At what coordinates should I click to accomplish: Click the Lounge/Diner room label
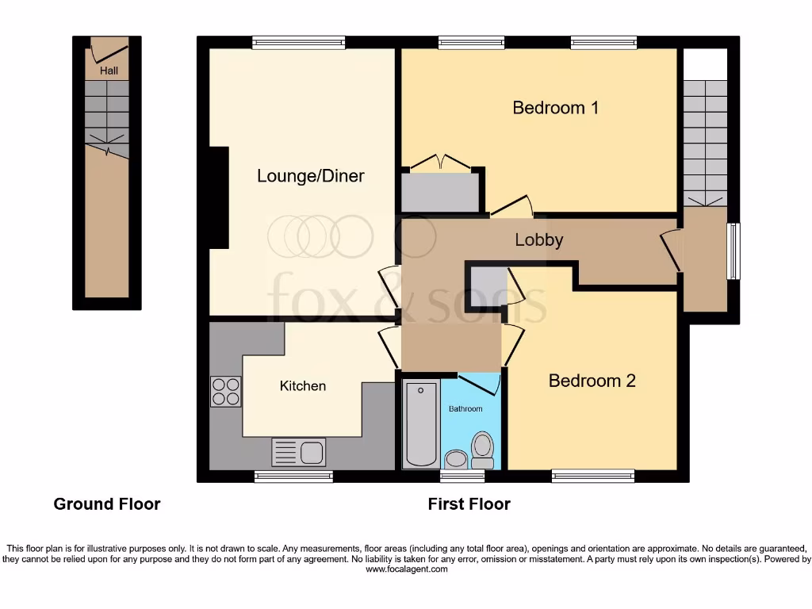pyautogui.click(x=310, y=176)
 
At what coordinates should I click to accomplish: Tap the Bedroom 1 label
pyautogui.click(x=555, y=107)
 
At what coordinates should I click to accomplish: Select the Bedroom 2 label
pyautogui.click(x=592, y=381)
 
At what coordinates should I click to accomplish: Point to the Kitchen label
pyautogui.click(x=302, y=386)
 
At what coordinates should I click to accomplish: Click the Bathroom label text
pyautogui.click(x=465, y=409)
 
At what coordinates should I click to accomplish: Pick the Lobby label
pyautogui.click(x=538, y=239)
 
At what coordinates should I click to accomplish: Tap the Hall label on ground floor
pyautogui.click(x=109, y=71)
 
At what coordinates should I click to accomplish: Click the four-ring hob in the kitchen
pyautogui.click(x=225, y=391)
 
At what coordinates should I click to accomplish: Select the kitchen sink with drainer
pyautogui.click(x=298, y=452)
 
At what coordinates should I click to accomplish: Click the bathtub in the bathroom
pyautogui.click(x=420, y=423)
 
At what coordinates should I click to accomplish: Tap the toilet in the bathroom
pyautogui.click(x=481, y=449)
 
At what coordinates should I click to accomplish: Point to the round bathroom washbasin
pyautogui.click(x=455, y=458)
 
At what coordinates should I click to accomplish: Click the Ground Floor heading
pyautogui.click(x=106, y=504)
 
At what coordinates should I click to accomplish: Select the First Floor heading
pyautogui.click(x=469, y=504)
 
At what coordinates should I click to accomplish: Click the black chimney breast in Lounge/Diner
pyautogui.click(x=218, y=197)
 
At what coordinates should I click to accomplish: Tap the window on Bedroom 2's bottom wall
pyautogui.click(x=593, y=476)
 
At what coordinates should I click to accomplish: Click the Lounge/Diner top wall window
pyautogui.click(x=299, y=42)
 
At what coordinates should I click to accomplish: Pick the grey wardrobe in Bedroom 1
pyautogui.click(x=441, y=193)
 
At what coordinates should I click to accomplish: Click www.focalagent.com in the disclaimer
pyautogui.click(x=407, y=569)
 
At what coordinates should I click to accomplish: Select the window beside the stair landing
pyautogui.click(x=733, y=251)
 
